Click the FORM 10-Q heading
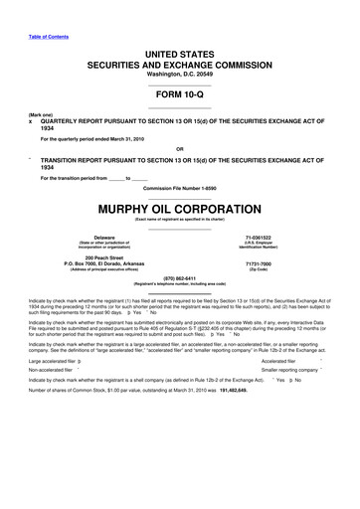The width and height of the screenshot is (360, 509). tap(180, 94)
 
